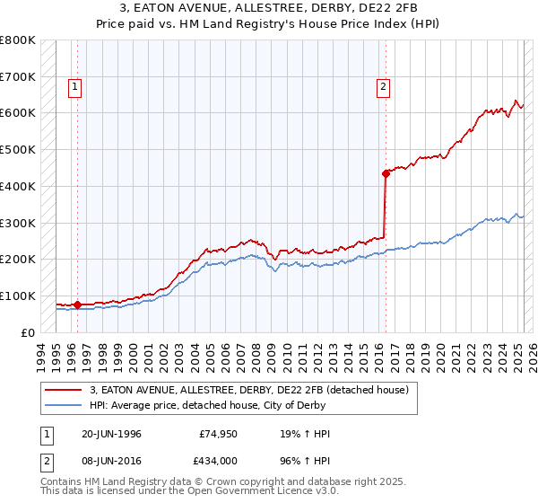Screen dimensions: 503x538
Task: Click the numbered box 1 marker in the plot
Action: coord(74,87)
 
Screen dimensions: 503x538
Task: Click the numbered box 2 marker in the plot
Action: coord(383,87)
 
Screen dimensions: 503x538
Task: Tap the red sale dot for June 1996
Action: coord(78,304)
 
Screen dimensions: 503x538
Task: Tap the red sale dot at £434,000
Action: coord(386,173)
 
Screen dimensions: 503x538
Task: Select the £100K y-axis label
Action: coord(18,296)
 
